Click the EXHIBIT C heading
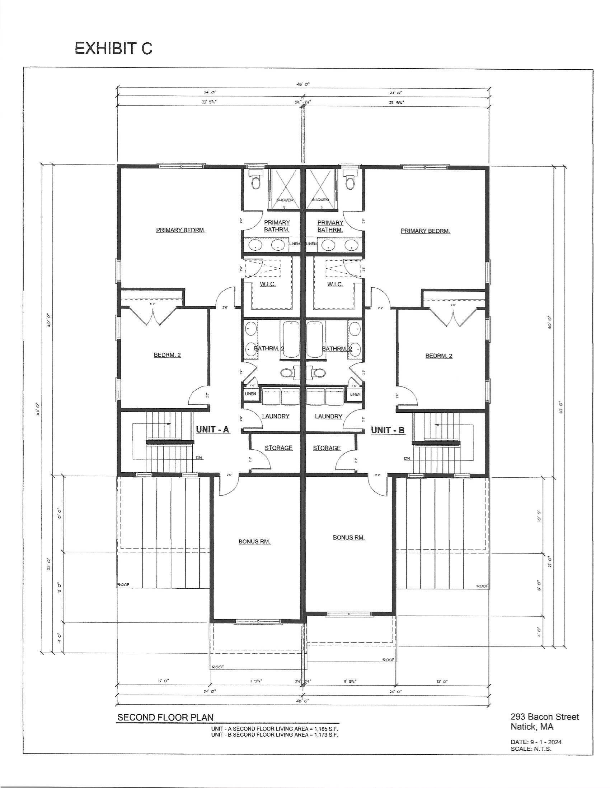tap(113, 48)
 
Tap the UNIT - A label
tap(212, 429)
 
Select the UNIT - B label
tap(388, 430)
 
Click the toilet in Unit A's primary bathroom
tap(255, 182)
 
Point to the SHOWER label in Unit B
tap(320, 200)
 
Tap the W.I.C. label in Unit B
tap(335, 284)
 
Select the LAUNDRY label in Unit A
tap(276, 416)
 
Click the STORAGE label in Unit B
tap(327, 448)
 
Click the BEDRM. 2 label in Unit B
tap(439, 356)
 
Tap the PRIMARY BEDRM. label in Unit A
tap(180, 230)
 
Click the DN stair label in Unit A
tap(199, 458)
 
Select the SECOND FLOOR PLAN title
tap(165, 718)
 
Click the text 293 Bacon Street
tap(544, 717)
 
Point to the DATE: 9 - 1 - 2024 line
tap(536, 742)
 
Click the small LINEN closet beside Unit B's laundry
tap(355, 394)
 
